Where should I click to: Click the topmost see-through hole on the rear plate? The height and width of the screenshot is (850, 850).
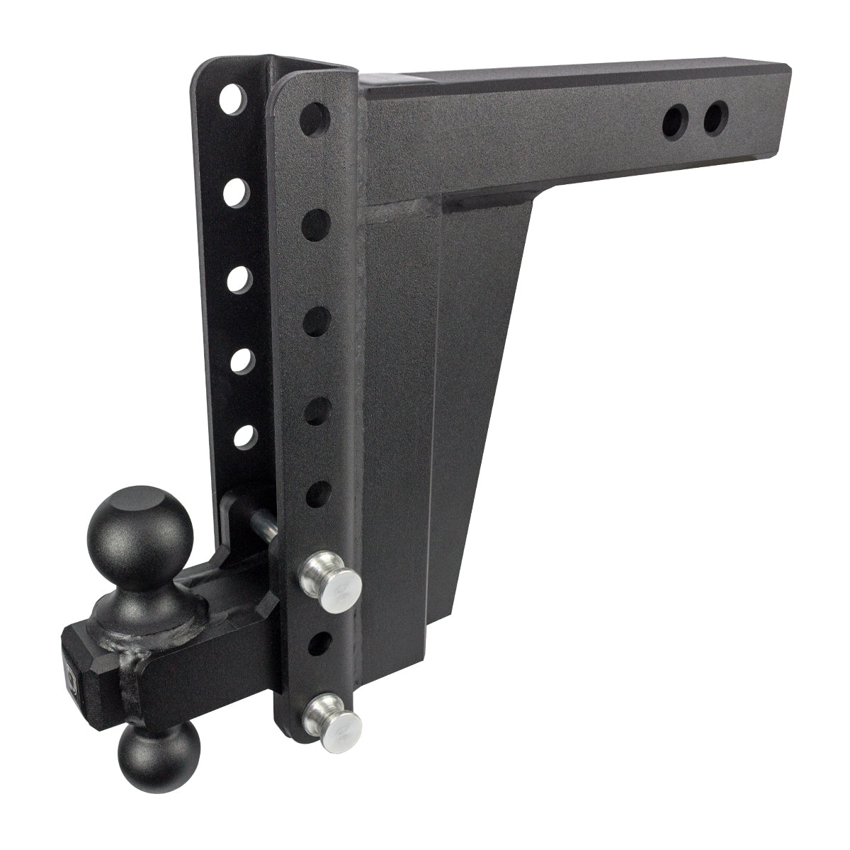click(231, 100)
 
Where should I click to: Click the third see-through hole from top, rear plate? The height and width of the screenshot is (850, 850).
click(239, 278)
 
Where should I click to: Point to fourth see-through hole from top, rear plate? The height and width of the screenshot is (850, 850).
click(243, 360)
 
